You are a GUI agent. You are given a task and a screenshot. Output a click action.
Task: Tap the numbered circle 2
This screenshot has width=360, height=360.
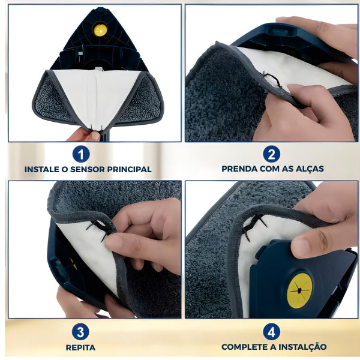click(x=272, y=154)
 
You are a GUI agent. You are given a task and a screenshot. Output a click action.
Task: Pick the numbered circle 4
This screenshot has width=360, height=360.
click(x=272, y=331)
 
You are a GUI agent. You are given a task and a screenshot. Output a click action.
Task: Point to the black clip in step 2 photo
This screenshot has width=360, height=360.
click(x=272, y=80)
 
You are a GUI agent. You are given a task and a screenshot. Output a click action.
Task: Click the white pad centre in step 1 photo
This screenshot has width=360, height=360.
click(x=96, y=96)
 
